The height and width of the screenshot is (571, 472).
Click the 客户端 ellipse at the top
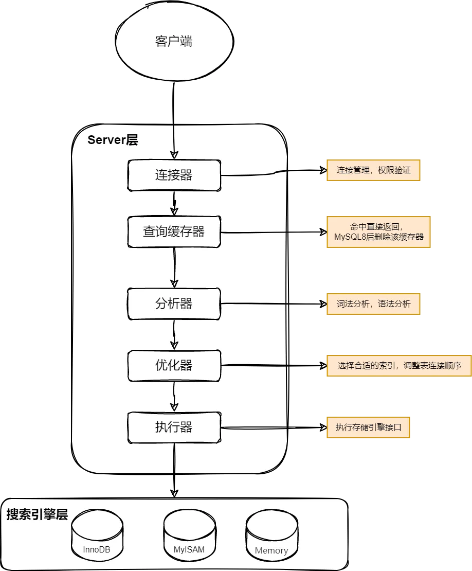point(173,42)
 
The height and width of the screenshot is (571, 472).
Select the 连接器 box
point(174,175)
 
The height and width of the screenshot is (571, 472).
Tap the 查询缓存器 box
point(174,231)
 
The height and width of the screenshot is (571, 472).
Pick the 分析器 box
point(174,304)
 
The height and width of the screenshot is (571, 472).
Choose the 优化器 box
point(174,365)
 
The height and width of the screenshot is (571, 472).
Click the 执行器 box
point(174,427)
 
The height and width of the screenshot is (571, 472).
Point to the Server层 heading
point(113,140)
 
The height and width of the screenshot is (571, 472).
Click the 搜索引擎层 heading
point(37,515)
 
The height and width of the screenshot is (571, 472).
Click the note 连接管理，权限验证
point(373,170)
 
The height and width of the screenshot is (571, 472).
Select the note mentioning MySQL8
point(378,232)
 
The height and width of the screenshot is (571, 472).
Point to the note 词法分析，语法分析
point(373,304)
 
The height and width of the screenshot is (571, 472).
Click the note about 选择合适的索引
point(399,367)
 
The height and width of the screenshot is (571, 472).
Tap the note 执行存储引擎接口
point(368,427)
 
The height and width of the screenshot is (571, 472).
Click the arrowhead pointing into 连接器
point(174,154)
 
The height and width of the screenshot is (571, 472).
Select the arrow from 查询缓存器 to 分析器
point(174,267)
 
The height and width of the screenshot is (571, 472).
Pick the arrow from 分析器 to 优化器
point(174,334)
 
